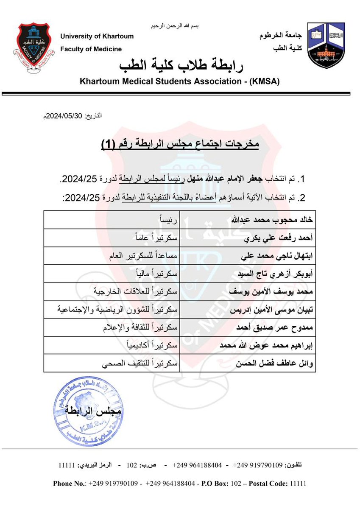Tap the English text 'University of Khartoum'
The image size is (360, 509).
97,36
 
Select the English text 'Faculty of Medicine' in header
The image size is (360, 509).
91,49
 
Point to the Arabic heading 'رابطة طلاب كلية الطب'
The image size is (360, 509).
180,65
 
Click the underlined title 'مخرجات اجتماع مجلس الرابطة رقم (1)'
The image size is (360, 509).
180,144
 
